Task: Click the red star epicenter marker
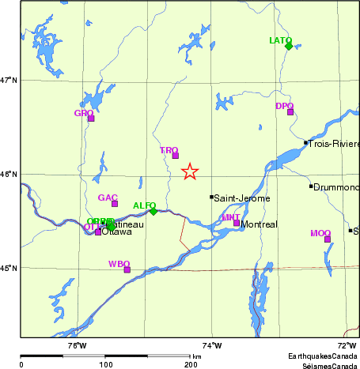[190, 172]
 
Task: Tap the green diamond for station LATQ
[289, 46]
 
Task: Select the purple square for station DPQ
[290, 111]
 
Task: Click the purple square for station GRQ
[91, 119]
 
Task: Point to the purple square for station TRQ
[176, 155]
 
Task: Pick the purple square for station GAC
[115, 203]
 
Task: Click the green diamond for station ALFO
[153, 211]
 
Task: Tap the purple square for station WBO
[127, 269]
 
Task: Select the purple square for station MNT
[237, 223]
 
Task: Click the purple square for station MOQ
[328, 239]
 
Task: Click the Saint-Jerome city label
[242, 198]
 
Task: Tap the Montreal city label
[260, 224]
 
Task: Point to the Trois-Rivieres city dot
[306, 143]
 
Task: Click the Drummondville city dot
[311, 186]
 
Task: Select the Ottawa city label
[116, 232]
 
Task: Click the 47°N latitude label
[9, 80]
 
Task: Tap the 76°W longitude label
[76, 345]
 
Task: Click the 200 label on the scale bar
[190, 364]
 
